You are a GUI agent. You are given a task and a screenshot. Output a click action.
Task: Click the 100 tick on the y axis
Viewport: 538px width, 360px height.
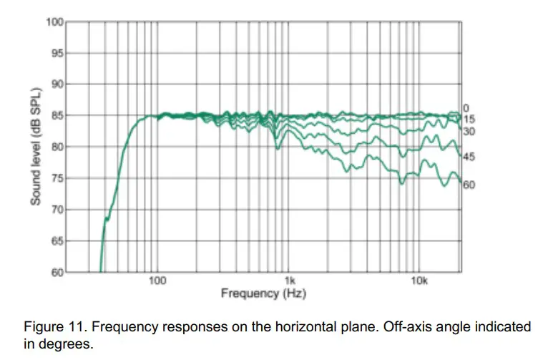point(55,21)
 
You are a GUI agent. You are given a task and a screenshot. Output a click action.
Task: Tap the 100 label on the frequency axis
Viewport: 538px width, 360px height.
point(157,281)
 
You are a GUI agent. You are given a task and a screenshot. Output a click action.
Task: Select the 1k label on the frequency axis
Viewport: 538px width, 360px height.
point(289,281)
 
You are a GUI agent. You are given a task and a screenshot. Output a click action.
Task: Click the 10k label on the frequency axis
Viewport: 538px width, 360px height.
point(420,281)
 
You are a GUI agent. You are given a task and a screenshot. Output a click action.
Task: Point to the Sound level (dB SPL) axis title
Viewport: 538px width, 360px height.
point(36,147)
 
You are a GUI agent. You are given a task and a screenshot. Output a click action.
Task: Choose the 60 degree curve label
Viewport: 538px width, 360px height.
point(469,185)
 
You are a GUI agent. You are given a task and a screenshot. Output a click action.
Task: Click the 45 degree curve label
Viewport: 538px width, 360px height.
point(469,157)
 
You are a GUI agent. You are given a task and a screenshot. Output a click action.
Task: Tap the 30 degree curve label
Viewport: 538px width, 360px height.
point(469,132)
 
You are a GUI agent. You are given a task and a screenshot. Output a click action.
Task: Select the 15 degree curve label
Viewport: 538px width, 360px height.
point(469,120)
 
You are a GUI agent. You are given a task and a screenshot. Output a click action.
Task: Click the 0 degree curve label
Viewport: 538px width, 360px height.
point(465,108)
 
